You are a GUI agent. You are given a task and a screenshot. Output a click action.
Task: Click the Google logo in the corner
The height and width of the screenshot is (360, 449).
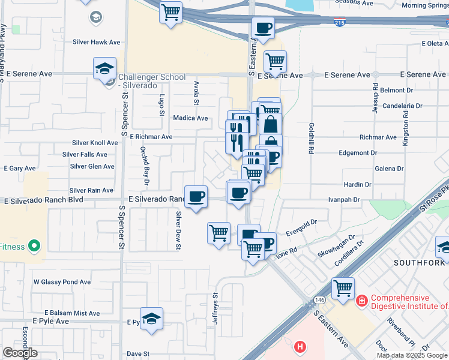pyautogui.click(x=20, y=353)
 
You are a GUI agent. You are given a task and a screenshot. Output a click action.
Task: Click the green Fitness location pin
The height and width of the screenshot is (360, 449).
pyautogui.click(x=34, y=246)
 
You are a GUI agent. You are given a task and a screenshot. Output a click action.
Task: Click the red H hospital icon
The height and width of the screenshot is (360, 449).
pyautogui.click(x=300, y=346)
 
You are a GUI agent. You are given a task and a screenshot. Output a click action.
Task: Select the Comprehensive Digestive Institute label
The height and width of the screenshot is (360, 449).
pyautogui.click(x=409, y=302)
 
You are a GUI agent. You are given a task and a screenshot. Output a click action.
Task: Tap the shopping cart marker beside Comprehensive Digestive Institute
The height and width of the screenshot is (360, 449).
pyautogui.click(x=343, y=288)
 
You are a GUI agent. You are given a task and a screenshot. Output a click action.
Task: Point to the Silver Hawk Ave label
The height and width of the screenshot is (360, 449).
pyautogui.click(x=96, y=42)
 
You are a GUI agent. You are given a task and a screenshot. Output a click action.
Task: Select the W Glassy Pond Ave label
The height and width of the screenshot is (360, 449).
pyautogui.click(x=62, y=281)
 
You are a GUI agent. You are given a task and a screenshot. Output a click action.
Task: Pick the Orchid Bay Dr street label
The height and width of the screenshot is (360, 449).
pyautogui.click(x=145, y=166)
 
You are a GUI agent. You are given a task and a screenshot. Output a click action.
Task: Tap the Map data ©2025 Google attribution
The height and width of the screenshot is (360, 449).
pyautogui.click(x=412, y=355)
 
